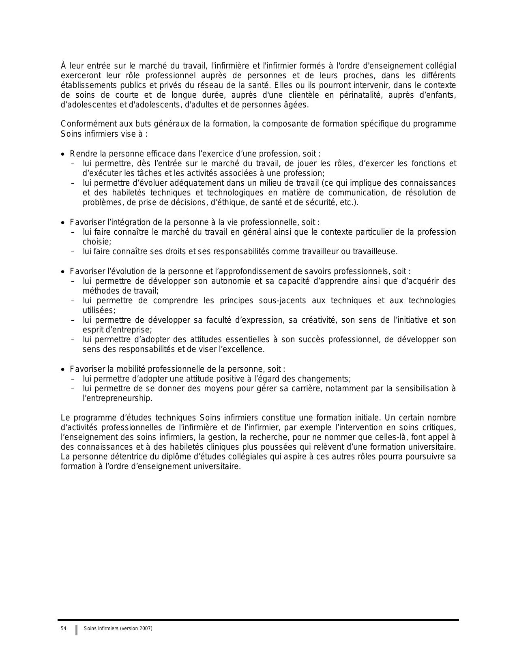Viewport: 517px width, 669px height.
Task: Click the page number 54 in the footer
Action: click(63, 628)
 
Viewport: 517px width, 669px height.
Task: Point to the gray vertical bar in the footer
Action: click(76, 630)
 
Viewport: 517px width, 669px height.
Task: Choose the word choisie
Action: click(97, 242)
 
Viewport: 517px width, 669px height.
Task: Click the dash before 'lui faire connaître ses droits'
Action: click(73, 252)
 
